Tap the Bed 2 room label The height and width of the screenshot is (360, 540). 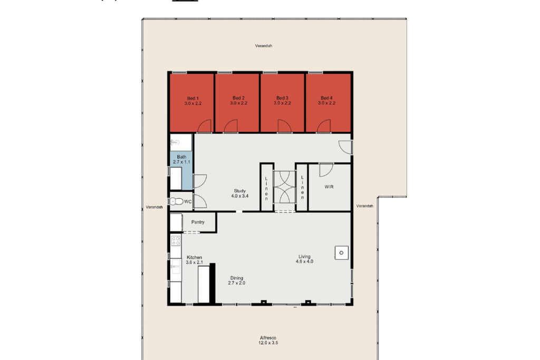click(238, 101)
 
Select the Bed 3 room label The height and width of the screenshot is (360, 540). click(282, 101)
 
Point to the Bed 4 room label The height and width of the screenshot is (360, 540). click(326, 101)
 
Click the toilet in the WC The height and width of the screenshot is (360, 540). click(176, 201)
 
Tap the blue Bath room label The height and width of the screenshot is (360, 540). click(181, 159)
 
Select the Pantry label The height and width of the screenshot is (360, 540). click(198, 222)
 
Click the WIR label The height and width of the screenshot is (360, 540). click(329, 187)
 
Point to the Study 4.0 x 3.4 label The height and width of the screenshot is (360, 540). click(239, 193)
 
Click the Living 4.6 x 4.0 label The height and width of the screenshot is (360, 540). click(304, 259)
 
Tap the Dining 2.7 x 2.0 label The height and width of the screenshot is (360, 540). click(236, 280)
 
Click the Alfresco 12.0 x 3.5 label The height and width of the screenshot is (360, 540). click(268, 340)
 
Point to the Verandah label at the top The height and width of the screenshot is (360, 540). click(264, 46)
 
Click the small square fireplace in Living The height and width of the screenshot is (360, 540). click(341, 253)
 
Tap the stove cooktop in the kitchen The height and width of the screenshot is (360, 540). click(176, 241)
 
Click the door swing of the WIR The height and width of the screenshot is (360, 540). click(325, 170)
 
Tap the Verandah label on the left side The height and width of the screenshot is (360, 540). click(155, 208)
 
